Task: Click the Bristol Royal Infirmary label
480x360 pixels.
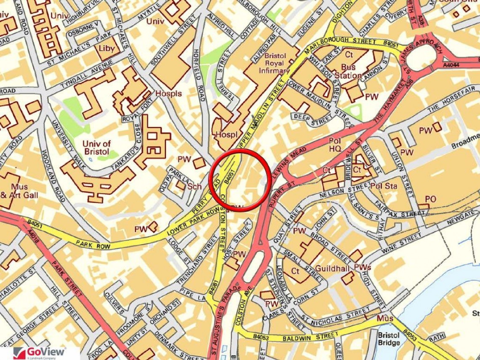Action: pyautogui.click(x=275, y=63)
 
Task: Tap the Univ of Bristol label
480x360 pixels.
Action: pyautogui.click(x=96, y=147)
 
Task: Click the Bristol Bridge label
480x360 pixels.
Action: pyautogui.click(x=389, y=339)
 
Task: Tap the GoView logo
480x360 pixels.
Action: pyautogui.click(x=40, y=352)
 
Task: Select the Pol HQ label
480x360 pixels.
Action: pyautogui.click(x=335, y=145)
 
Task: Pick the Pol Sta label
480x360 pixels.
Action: pyautogui.click(x=384, y=186)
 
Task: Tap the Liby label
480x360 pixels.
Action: pyautogui.click(x=107, y=48)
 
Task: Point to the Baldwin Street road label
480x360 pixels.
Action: pyautogui.click(x=304, y=337)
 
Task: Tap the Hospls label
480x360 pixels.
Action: pyautogui.click(x=168, y=93)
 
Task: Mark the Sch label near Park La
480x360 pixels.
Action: pyautogui.click(x=195, y=186)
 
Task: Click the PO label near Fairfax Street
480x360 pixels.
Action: pyautogui.click(x=430, y=199)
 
